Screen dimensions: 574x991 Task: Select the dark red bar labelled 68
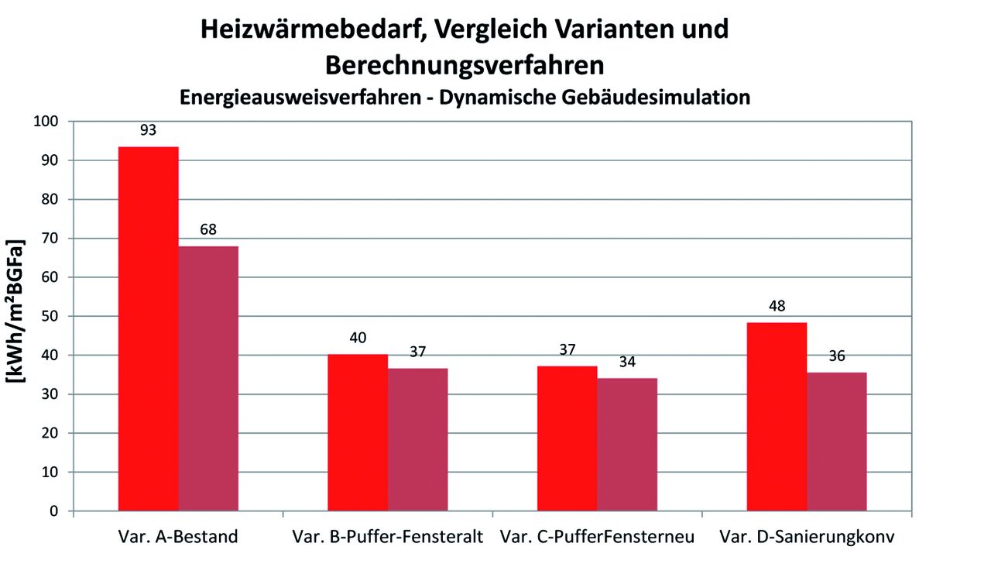tap(208, 379)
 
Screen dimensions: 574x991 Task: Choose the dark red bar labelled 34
tap(627, 445)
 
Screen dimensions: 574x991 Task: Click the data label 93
tap(149, 130)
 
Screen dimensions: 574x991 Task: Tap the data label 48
tap(777, 306)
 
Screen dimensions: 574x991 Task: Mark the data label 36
tap(837, 356)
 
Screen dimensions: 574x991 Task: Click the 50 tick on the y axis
tap(50, 316)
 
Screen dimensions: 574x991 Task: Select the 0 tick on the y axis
tap(54, 511)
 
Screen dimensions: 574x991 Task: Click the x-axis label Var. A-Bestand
tap(178, 537)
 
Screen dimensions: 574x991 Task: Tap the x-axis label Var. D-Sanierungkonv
tap(807, 537)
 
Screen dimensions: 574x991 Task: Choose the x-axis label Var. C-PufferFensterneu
tap(597, 537)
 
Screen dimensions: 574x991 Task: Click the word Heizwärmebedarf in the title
tap(309, 29)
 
